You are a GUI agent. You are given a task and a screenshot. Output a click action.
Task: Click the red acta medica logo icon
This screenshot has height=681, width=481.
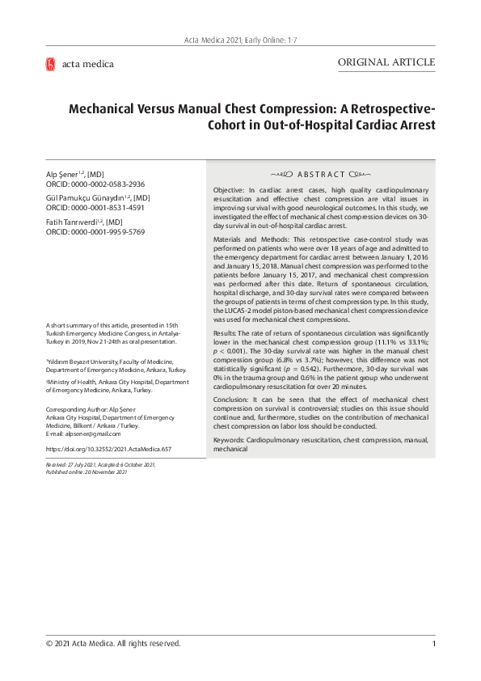pos(50,64)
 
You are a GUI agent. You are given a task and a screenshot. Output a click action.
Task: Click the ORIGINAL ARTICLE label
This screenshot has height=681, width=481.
pos(386,62)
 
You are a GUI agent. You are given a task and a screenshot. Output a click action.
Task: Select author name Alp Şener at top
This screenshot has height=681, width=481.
pos(64,175)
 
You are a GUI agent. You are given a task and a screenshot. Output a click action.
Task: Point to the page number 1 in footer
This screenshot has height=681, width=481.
pos(434,644)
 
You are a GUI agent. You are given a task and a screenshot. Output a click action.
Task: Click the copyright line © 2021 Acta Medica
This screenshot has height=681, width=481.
pos(113,644)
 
